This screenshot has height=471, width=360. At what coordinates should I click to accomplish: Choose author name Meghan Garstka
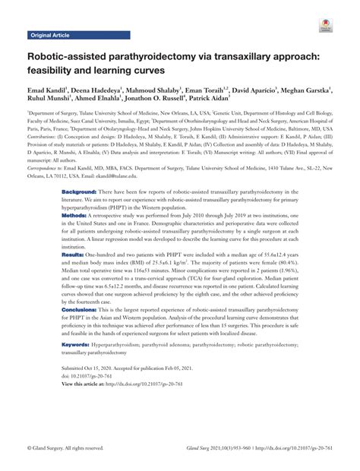305,90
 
